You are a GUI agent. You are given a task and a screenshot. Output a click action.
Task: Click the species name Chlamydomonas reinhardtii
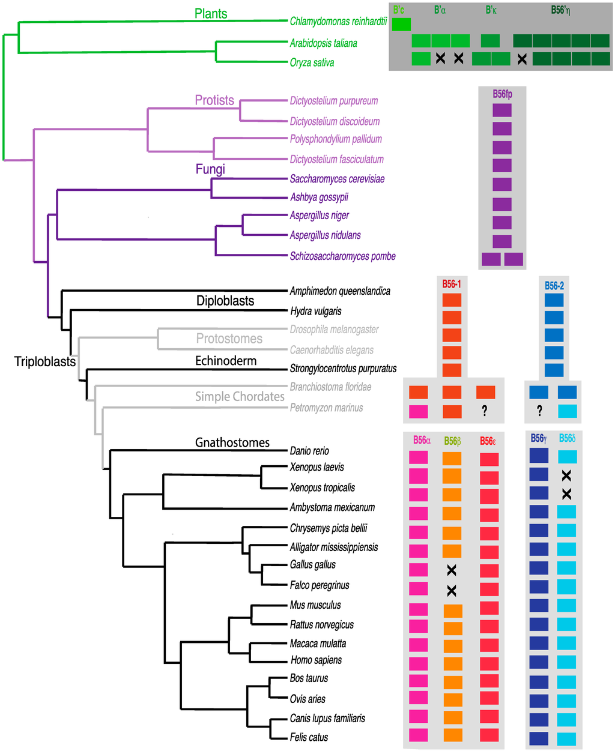338,22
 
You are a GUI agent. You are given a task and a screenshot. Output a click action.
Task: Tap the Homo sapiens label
316,660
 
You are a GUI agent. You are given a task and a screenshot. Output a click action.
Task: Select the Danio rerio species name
309,451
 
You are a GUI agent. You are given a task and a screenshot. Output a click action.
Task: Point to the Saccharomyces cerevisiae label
337,179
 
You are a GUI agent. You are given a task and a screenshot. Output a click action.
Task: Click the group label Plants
211,14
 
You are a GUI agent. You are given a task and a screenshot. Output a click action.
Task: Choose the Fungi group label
210,169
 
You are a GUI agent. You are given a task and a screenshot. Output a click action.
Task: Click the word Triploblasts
45,361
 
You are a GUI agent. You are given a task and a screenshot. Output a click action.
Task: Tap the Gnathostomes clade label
232,442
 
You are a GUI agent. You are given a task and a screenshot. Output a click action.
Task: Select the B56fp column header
502,94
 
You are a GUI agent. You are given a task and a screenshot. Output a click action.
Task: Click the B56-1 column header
452,284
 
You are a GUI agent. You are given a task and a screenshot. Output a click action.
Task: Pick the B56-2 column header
554,286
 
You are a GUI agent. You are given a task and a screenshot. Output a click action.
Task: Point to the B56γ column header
539,439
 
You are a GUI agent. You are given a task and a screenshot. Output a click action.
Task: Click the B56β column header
452,441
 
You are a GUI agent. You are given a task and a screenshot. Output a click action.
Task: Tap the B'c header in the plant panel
399,10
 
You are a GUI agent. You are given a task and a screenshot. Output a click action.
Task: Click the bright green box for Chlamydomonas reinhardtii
401,25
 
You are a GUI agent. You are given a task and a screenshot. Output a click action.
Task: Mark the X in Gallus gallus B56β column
452,570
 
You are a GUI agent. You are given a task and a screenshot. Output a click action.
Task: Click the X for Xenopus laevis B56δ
566,475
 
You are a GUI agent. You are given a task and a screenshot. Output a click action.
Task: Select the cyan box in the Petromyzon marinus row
567,411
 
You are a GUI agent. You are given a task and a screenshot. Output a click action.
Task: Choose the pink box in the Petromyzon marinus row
418,411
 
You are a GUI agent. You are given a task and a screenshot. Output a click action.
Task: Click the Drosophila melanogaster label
335,330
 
